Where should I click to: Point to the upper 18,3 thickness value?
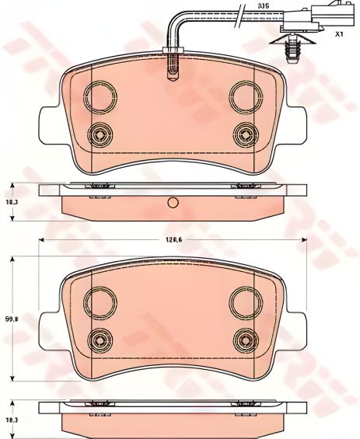11,201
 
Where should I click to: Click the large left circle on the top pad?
99,97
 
